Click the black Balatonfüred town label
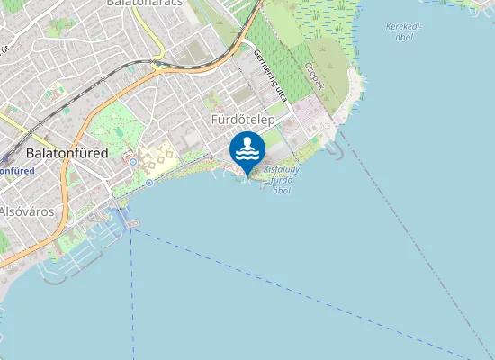(67, 153)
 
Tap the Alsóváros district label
(27, 211)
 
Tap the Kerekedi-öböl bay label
(403, 31)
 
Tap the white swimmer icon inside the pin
(247, 148)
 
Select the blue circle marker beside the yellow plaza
(132, 162)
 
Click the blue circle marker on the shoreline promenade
(148, 182)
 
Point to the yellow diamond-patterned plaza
(159, 158)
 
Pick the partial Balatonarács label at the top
(145, 4)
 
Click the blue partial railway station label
(16, 170)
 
